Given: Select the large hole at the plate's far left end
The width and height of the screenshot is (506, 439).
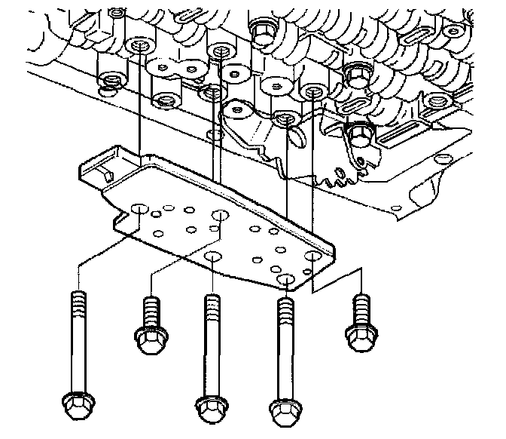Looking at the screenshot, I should click(138, 207).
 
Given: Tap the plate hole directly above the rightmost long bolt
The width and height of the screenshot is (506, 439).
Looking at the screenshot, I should click(287, 280).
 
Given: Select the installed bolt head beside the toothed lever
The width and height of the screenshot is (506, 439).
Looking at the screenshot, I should click(360, 136).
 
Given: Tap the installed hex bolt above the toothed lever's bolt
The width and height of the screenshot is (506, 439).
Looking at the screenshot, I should click(357, 74).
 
